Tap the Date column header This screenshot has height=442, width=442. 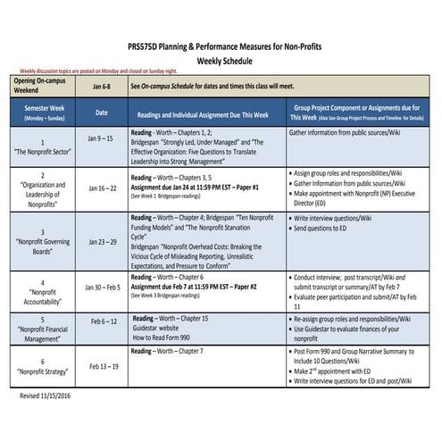(101, 113)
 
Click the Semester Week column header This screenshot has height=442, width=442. (42, 112)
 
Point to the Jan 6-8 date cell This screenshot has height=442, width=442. (101, 87)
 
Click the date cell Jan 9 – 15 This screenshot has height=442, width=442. (101, 139)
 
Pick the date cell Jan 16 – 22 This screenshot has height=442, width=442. (101, 188)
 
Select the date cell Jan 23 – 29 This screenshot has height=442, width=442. (101, 241)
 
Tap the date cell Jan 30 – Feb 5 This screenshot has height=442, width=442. (101, 288)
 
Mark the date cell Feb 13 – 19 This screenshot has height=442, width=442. (101, 366)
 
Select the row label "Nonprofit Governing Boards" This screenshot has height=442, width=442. (42, 246)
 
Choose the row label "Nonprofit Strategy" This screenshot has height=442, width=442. (42, 371)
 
